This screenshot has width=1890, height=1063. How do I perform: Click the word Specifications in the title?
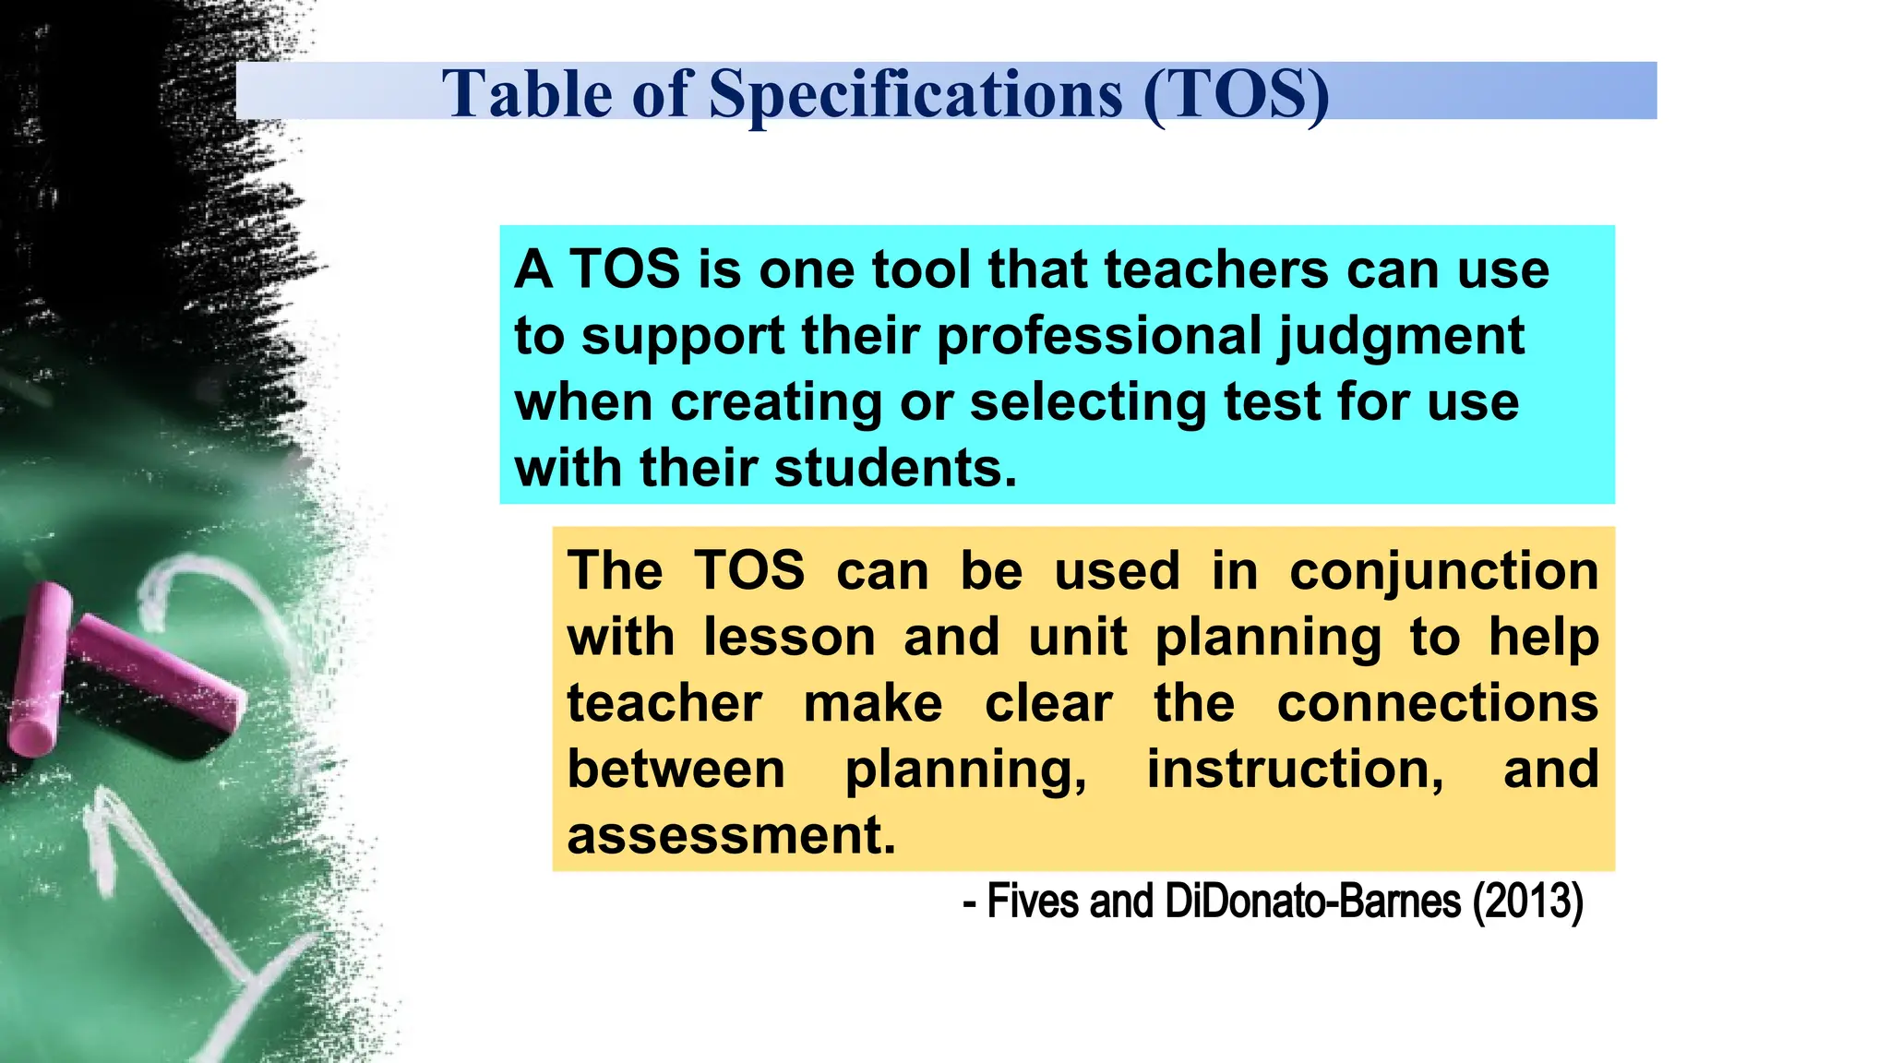coord(915,94)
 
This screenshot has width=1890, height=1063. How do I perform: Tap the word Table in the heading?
coord(526,94)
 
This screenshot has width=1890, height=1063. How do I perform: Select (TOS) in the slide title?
coord(1236,94)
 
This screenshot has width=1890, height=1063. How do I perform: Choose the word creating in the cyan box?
coord(775,403)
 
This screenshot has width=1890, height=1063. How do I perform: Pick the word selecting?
coord(1087,403)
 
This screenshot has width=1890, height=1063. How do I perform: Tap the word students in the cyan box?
coord(894,468)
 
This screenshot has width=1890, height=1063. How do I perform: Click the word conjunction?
coord(1443,572)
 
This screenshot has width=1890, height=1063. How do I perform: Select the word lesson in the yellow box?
coord(789,638)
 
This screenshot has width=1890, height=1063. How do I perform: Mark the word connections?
coord(1437,704)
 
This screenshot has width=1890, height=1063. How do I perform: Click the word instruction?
coord(1295,770)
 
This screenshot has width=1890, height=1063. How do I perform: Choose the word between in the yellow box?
coord(676,770)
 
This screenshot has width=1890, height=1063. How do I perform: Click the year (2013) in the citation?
coord(1527,902)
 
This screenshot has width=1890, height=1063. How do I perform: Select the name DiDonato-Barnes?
coord(1312,902)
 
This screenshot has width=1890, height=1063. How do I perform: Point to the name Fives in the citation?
coord(1023,902)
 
